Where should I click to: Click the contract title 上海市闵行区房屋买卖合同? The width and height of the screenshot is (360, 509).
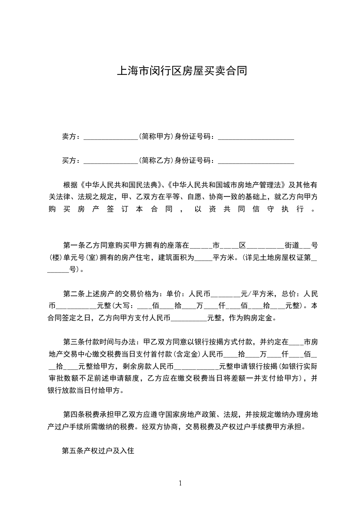[182, 71]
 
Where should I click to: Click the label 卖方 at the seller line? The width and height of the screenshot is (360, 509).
[69, 136]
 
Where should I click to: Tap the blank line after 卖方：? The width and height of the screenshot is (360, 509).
[111, 137]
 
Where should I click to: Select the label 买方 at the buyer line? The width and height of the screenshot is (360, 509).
[69, 160]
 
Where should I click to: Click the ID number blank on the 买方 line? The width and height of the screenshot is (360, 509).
[256, 161]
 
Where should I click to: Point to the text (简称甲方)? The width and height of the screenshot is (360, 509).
[156, 136]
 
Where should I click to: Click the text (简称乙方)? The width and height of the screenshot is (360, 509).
[156, 160]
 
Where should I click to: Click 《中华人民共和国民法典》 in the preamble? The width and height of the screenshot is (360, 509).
[121, 185]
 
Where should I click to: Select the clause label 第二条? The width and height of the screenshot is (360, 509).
[72, 294]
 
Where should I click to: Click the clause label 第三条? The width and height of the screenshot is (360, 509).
[72, 342]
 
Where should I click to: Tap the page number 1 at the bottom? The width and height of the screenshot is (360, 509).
[180, 483]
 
